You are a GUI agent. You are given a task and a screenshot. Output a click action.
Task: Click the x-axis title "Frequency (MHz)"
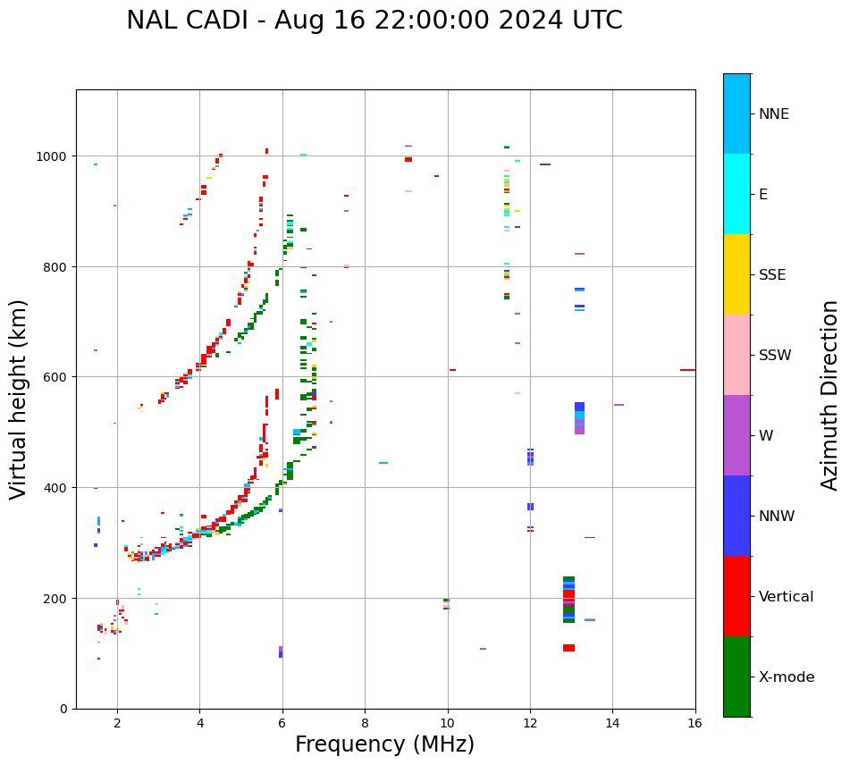[x=384, y=744]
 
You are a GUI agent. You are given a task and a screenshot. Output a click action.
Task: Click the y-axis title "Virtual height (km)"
[x=19, y=399]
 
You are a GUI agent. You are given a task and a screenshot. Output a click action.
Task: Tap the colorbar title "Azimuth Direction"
[x=830, y=395]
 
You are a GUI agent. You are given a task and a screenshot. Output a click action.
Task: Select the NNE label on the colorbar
[x=774, y=114]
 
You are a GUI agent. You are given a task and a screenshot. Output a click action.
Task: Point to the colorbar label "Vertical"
[x=786, y=597]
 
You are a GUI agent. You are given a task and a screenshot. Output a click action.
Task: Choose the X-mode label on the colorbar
[x=787, y=677]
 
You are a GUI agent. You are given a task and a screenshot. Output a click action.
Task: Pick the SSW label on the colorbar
[x=775, y=356]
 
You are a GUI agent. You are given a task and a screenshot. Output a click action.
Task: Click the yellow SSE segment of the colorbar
[x=736, y=274]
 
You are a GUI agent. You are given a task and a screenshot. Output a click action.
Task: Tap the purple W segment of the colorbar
[x=736, y=435]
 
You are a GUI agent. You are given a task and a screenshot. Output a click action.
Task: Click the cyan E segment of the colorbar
[x=736, y=194]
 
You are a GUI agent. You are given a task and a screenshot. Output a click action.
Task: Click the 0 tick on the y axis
[x=63, y=709]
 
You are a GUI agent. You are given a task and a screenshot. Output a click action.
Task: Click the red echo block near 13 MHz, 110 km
[x=568, y=648]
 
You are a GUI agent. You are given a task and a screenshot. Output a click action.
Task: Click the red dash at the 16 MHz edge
[x=687, y=370]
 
